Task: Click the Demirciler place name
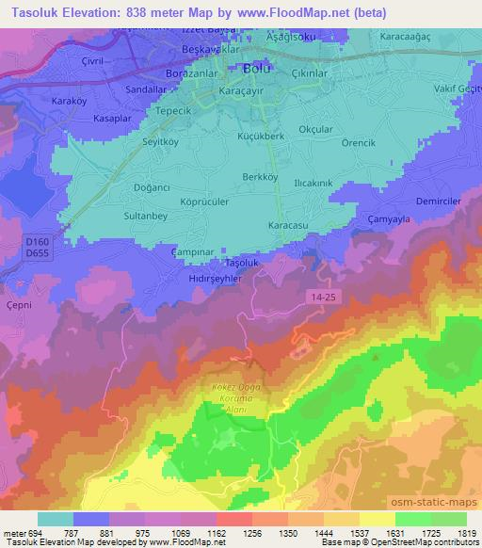point(439,202)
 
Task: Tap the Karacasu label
point(288,227)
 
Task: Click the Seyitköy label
point(134,143)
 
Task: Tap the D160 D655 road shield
point(37,248)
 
